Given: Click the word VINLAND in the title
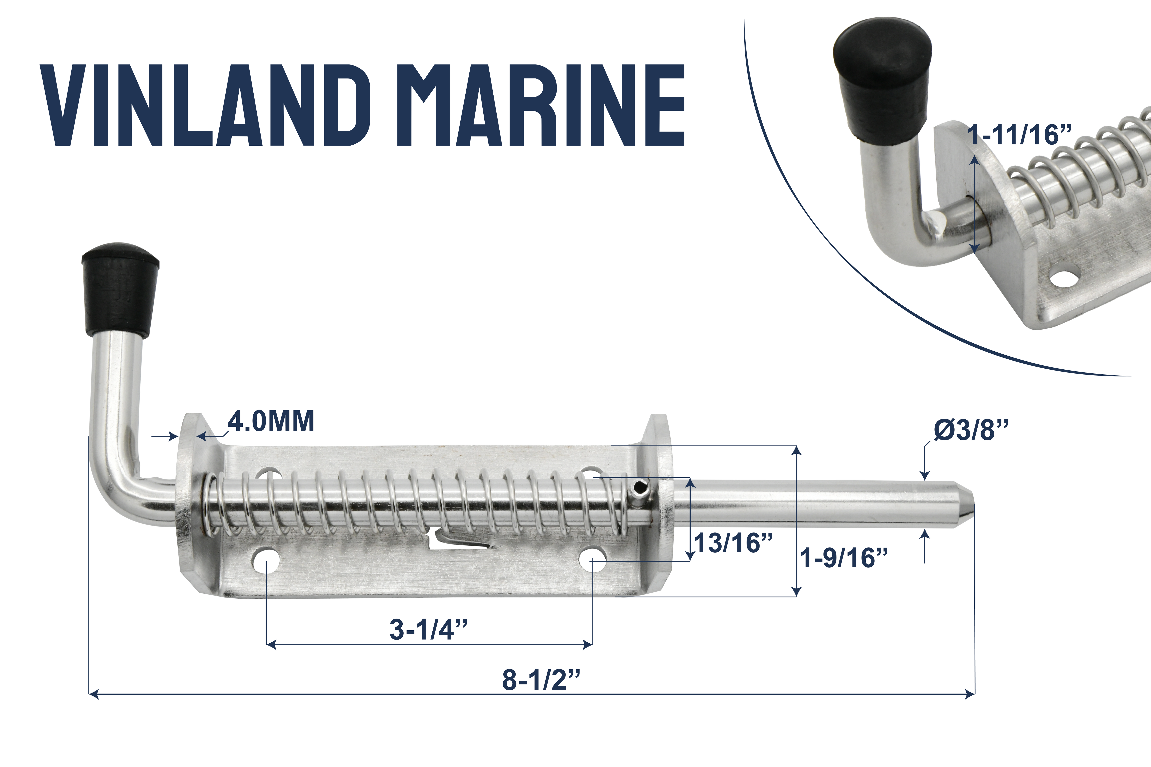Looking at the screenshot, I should tap(206, 105).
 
